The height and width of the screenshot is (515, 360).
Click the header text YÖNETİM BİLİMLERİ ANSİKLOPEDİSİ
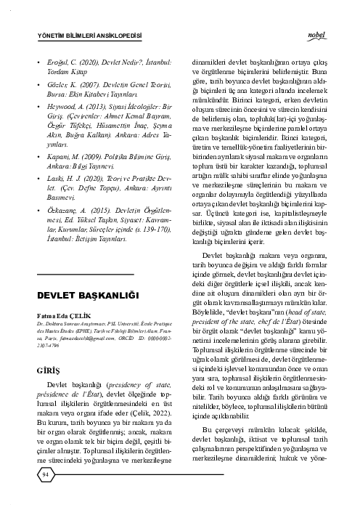88,36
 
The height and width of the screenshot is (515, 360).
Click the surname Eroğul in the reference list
58,74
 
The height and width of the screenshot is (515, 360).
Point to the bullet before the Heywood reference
38,126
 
